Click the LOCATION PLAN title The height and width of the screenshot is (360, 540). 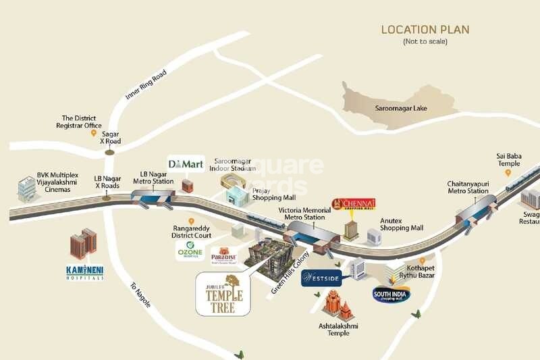[425, 30]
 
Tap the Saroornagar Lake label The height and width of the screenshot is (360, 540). [402, 108]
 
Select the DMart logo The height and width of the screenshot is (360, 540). [186, 163]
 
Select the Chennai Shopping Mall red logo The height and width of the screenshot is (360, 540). [353, 203]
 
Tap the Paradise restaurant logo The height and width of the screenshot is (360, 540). [223, 257]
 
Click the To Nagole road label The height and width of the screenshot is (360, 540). [140, 295]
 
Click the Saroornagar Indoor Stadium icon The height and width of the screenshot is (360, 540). [232, 180]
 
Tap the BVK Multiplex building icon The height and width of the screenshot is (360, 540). [27, 190]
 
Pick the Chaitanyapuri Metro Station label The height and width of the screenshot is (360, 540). [468, 187]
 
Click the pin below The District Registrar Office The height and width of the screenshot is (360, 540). [94, 134]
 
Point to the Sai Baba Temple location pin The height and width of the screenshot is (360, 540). [508, 173]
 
